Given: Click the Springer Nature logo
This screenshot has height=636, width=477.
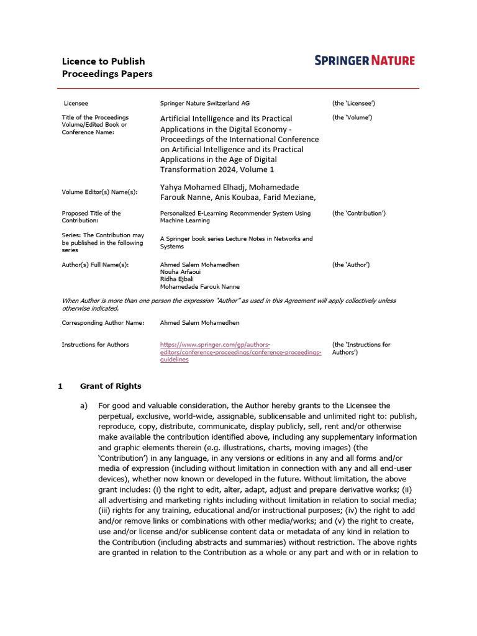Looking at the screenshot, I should click(x=365, y=60).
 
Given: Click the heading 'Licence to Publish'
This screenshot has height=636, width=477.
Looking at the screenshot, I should click(x=103, y=61).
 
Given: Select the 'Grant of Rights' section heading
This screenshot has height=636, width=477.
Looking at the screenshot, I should click(x=111, y=386).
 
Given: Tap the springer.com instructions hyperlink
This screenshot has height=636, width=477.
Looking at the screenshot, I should click(x=240, y=352).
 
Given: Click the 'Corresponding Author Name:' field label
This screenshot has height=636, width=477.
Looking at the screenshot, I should click(x=103, y=323).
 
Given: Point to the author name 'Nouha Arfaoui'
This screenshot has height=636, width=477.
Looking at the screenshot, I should click(x=180, y=272).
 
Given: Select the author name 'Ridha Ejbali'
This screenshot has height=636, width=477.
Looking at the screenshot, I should click(x=176, y=279).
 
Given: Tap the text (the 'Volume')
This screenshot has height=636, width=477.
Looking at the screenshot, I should click(x=352, y=117).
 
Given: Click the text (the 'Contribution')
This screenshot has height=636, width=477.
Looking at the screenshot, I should click(x=359, y=213).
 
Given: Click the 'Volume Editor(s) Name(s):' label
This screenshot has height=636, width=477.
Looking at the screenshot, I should click(x=99, y=192).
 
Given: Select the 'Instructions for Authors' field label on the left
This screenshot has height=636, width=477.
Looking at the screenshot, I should click(x=95, y=345).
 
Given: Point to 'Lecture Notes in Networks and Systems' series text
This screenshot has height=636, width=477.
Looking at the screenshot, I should click(x=236, y=242).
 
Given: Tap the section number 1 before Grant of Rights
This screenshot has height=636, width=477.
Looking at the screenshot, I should click(x=60, y=386).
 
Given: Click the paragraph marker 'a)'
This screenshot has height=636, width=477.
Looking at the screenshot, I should click(x=84, y=406).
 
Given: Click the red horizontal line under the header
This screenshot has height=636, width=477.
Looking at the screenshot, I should click(x=238, y=89).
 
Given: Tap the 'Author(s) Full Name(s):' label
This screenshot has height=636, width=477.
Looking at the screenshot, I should click(x=95, y=265).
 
